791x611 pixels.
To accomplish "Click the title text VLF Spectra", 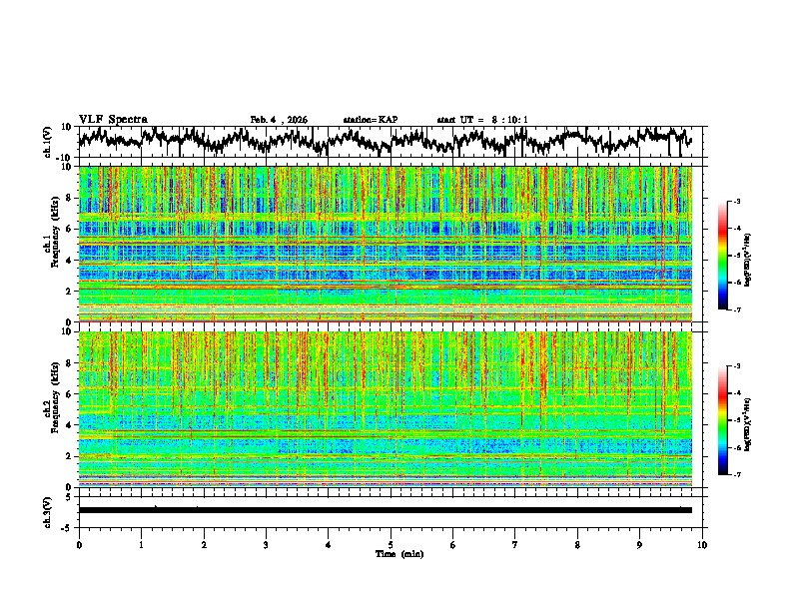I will (113, 119).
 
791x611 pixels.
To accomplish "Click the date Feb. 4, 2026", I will (279, 120).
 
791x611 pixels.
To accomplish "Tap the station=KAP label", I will (370, 120).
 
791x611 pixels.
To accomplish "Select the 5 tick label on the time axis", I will (391, 544).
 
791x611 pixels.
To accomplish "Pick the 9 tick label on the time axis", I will (640, 544).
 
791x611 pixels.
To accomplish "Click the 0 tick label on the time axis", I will (79, 544).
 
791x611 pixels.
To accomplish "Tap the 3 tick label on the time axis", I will (266, 544).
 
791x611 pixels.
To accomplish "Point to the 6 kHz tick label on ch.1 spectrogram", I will (70, 229).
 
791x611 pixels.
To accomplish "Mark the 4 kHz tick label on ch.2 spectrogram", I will (70, 424).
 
